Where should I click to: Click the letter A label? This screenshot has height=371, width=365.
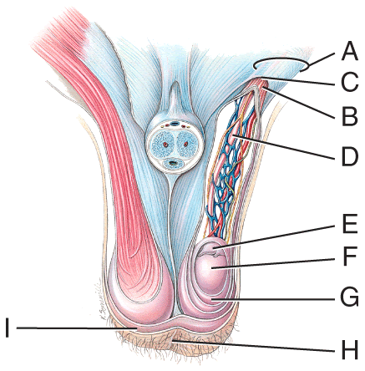349,52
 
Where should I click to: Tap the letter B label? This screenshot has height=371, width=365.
349,117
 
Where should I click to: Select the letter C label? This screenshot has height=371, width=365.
349,82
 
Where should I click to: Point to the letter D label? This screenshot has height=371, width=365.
349,157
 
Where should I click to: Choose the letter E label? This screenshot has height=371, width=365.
349,224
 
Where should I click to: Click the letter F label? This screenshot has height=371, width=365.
349,257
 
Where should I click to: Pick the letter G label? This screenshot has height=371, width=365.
350,298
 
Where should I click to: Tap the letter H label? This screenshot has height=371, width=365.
349,351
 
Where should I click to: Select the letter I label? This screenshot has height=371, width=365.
8,328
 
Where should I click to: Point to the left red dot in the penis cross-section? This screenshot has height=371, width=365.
165,145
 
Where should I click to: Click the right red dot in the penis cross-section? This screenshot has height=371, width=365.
185,145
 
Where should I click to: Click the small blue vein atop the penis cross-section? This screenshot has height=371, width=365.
175,123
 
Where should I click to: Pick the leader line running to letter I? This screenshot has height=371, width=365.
77,328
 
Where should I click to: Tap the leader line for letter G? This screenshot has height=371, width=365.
273,299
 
